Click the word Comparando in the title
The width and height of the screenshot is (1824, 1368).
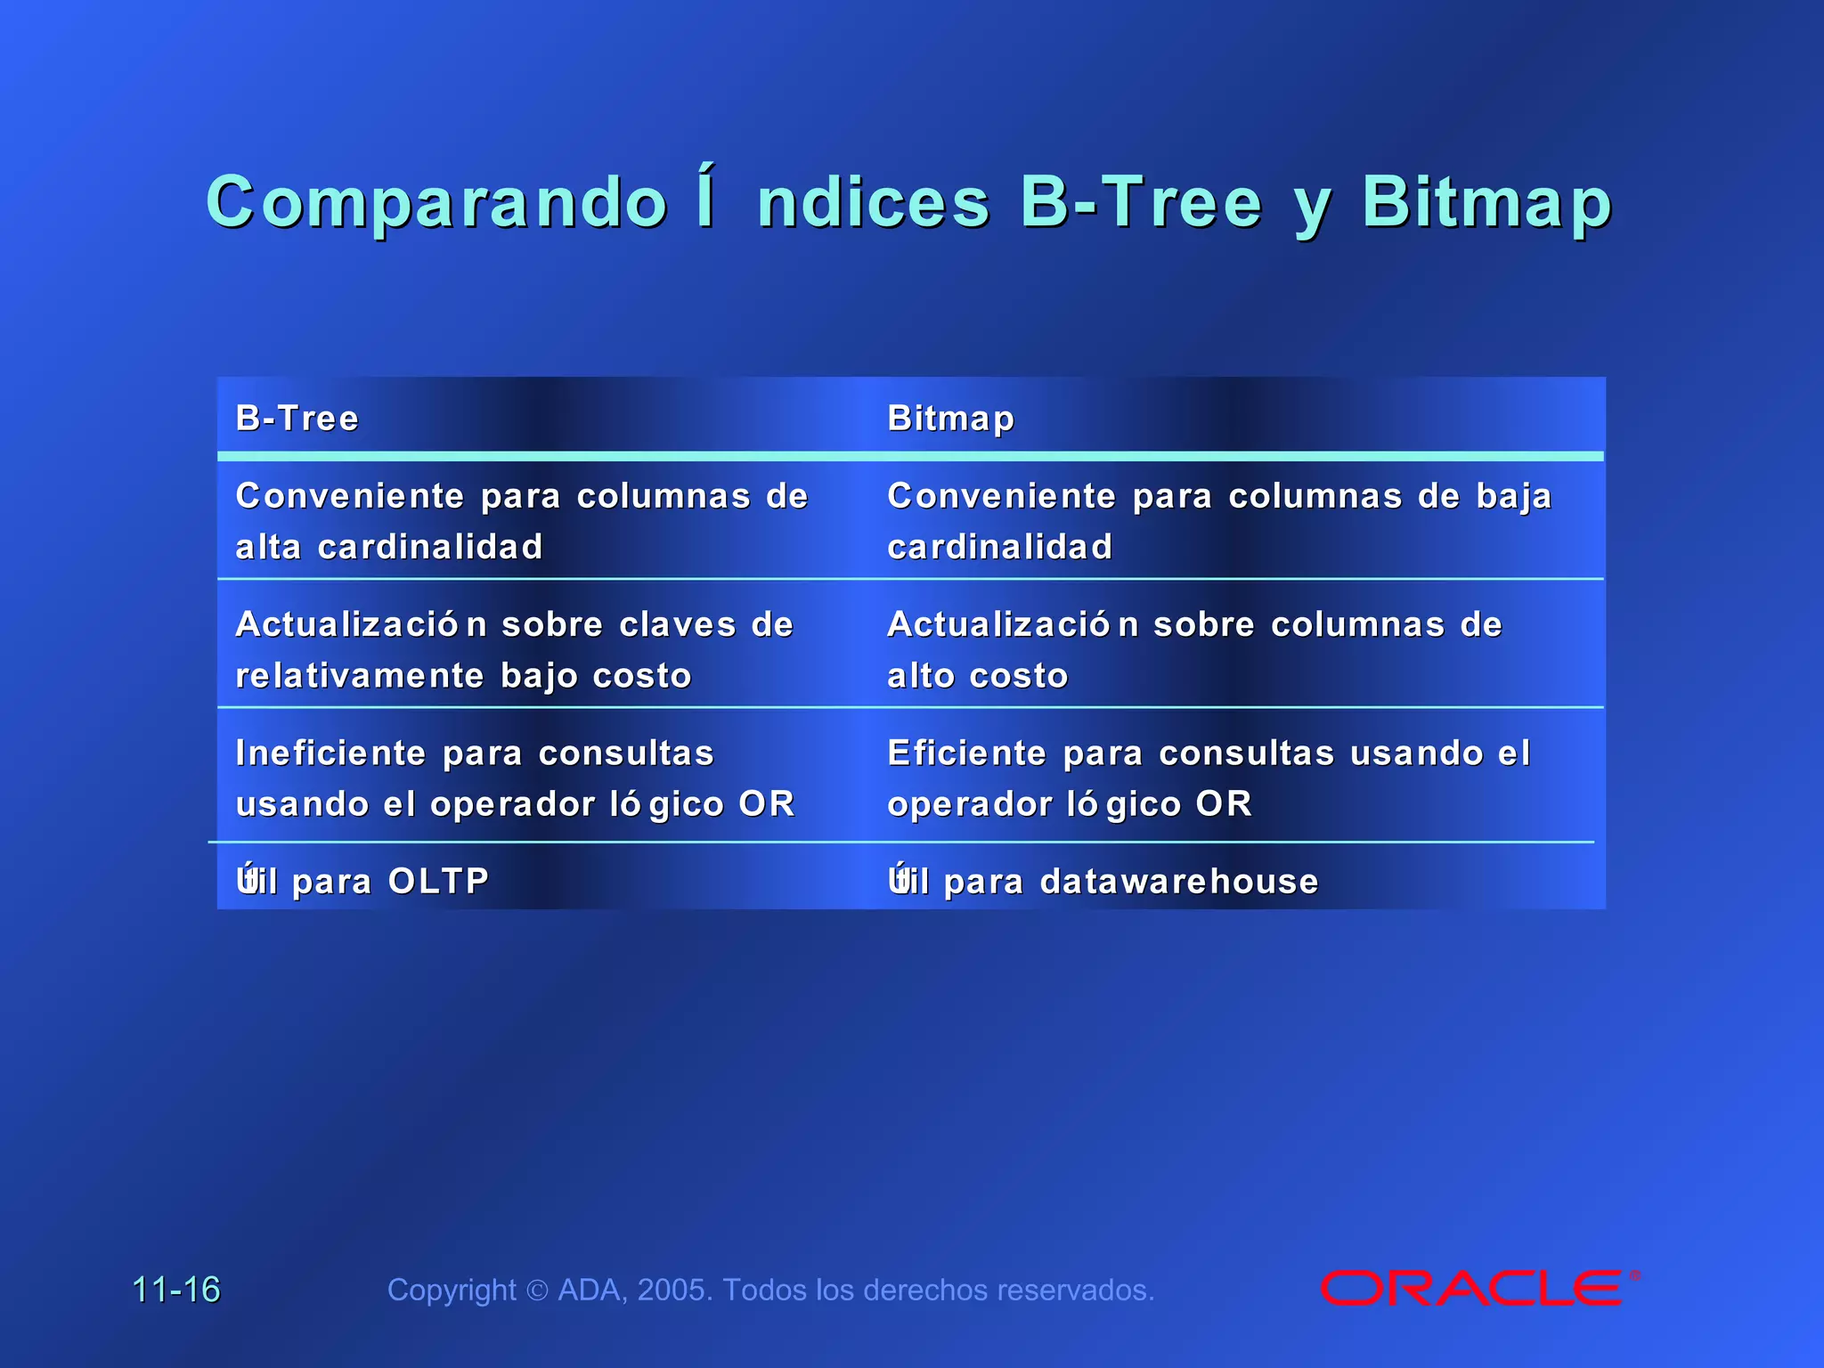436,202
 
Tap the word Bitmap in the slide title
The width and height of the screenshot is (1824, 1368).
1486,202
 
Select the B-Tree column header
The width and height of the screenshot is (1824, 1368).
297,418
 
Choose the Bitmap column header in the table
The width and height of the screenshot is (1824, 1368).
950,418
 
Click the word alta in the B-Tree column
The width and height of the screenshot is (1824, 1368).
268,547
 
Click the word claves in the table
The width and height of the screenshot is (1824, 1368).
678,624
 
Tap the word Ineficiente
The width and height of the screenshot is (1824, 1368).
330,753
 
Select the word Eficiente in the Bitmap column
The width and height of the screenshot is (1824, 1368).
967,753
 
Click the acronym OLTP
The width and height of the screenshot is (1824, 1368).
438,881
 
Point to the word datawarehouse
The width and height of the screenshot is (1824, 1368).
1179,881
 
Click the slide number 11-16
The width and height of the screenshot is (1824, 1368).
176,1289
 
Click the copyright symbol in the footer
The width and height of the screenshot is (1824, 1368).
537,1291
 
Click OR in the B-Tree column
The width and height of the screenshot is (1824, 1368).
767,804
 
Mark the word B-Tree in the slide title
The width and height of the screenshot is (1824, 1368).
1141,202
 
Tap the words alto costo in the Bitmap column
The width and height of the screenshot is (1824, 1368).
978,675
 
